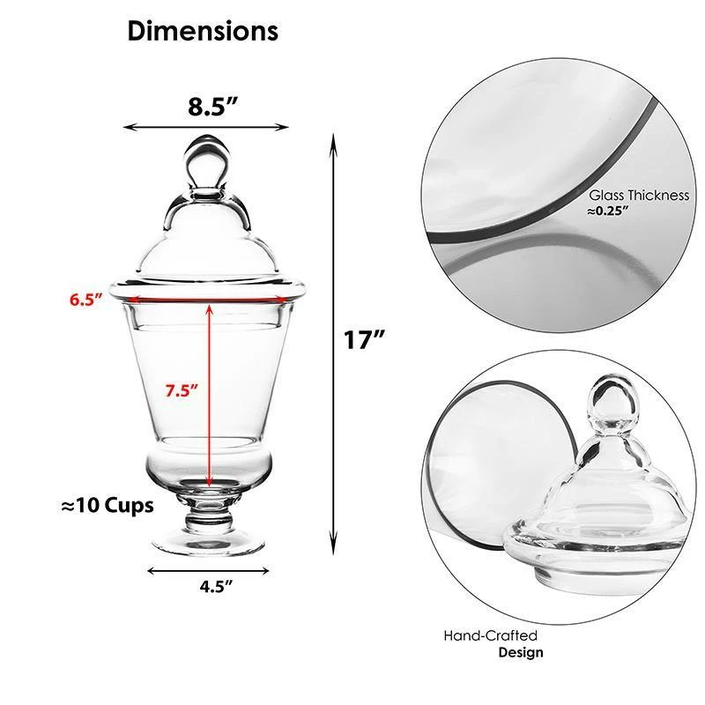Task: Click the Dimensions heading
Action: click(x=203, y=32)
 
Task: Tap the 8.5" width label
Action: click(x=212, y=108)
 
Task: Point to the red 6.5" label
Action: click(x=86, y=299)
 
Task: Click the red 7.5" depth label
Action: click(x=182, y=388)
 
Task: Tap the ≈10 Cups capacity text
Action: click(x=108, y=506)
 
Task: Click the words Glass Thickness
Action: click(x=639, y=196)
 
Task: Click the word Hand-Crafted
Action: click(x=490, y=635)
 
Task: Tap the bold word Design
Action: click(x=521, y=653)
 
